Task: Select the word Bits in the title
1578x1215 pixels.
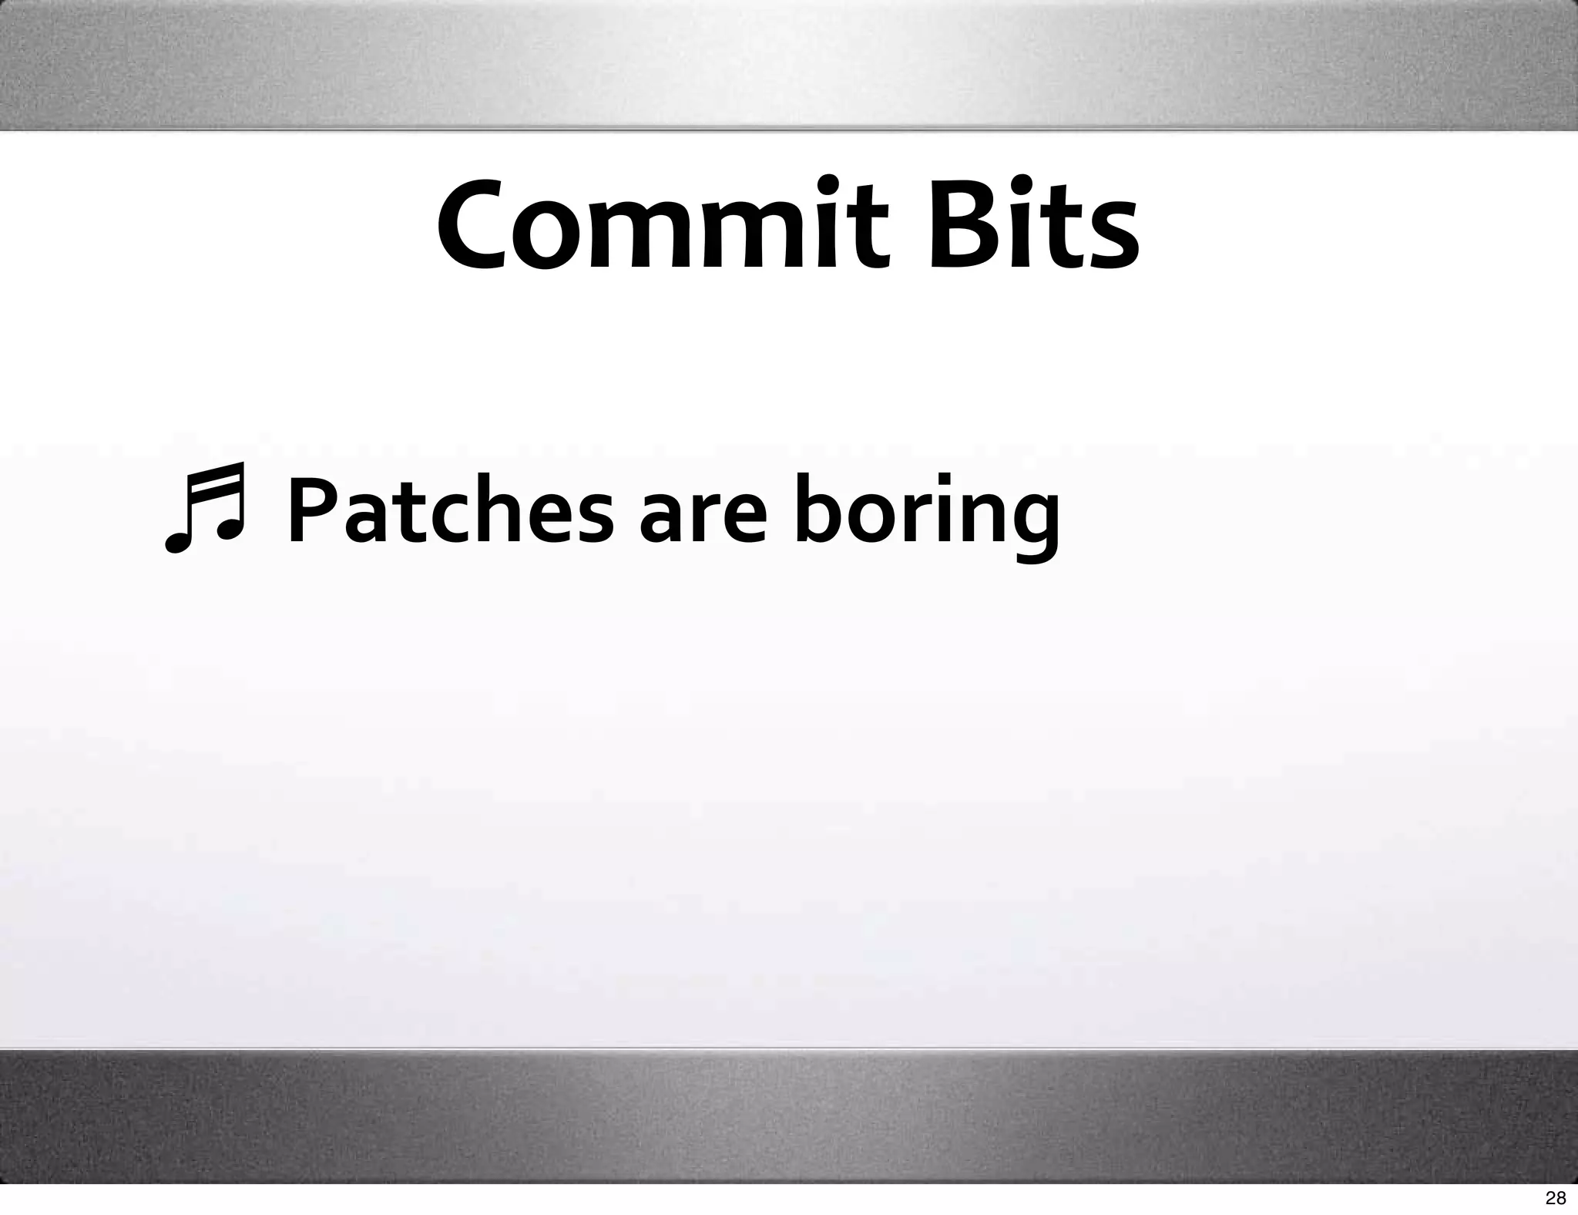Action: pyautogui.click(x=1032, y=225)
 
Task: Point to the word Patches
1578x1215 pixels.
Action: pyautogui.click(x=451, y=510)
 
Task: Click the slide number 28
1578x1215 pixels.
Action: pyautogui.click(x=1556, y=1197)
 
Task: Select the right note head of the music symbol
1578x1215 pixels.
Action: pyautogui.click(x=229, y=527)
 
